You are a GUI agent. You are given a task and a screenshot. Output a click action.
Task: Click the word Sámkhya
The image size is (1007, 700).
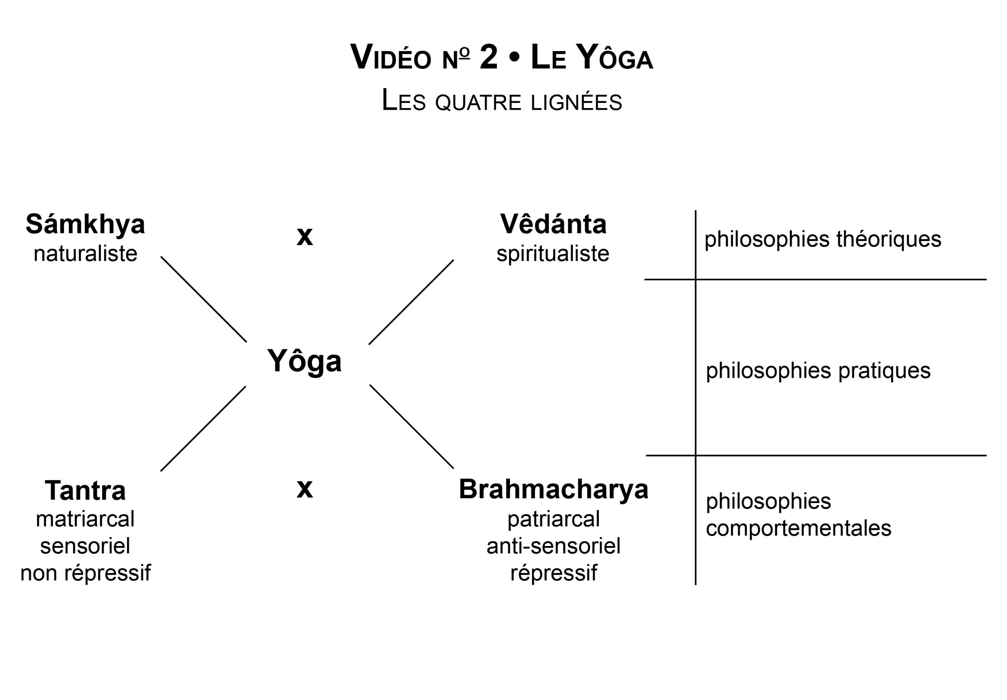[x=85, y=224]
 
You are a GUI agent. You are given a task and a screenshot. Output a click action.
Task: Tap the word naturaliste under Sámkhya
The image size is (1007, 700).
[x=85, y=254]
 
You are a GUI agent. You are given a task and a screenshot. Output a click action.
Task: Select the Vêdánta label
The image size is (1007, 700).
[x=553, y=224]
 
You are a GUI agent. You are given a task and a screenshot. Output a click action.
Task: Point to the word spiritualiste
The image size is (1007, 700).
[x=553, y=254]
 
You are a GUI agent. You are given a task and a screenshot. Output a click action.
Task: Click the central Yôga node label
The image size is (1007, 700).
[x=304, y=361]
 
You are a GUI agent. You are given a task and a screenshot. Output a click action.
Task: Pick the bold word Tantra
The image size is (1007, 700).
[x=85, y=491]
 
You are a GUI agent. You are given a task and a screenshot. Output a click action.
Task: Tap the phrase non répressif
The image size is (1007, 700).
[x=85, y=573]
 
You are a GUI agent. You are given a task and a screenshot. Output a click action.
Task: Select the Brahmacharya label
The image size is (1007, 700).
[x=553, y=489]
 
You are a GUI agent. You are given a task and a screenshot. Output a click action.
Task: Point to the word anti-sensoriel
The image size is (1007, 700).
[x=553, y=546]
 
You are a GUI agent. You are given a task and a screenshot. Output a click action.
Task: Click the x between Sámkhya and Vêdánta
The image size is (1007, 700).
[x=304, y=237]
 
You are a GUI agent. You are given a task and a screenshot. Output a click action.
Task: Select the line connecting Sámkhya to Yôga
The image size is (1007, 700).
[x=203, y=299]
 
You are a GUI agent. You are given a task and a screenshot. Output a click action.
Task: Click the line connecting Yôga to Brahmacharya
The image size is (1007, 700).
[x=411, y=426]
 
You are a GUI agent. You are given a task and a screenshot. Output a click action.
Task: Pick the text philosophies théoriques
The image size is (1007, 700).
[x=823, y=239]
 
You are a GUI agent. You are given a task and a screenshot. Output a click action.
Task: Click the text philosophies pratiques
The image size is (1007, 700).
[x=818, y=371]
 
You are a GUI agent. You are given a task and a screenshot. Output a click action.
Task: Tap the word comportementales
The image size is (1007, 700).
[x=798, y=529]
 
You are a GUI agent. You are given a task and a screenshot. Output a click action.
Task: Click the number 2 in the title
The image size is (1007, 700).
[x=489, y=57]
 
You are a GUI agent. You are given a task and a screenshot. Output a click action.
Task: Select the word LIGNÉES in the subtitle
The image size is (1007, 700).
[x=576, y=103]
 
